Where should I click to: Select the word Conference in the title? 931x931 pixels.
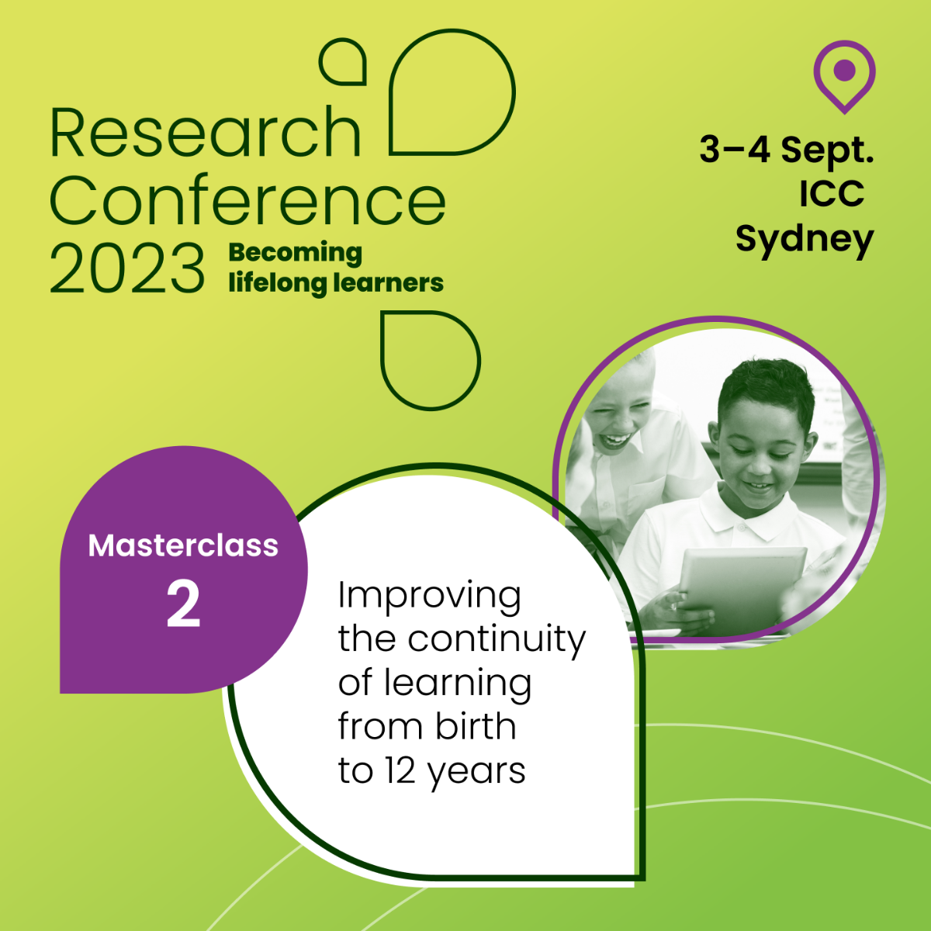(x=247, y=199)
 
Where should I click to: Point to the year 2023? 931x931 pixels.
(x=127, y=268)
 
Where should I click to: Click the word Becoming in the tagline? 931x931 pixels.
(x=295, y=253)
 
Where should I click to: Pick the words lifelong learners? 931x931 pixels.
(x=336, y=282)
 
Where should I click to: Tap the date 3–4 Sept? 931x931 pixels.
(x=787, y=151)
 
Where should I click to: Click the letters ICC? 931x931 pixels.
(x=832, y=194)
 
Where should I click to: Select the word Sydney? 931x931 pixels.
(x=805, y=240)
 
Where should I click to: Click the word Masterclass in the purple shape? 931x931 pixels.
(x=183, y=545)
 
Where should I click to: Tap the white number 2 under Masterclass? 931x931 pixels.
(x=183, y=604)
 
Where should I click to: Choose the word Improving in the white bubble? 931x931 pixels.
(x=429, y=597)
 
